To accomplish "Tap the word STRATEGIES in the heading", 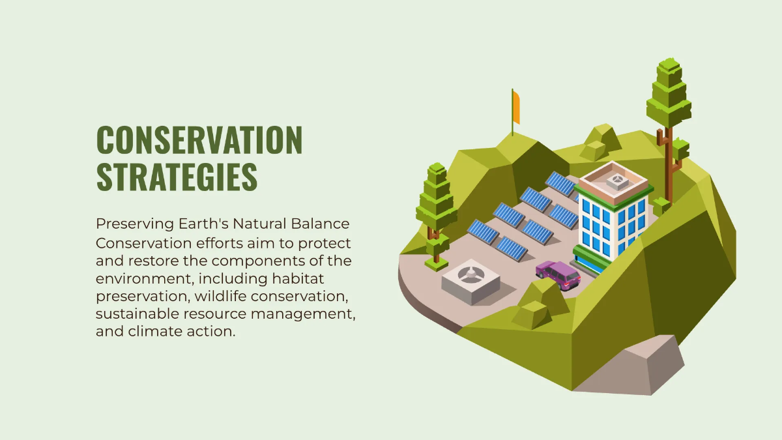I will (177, 177).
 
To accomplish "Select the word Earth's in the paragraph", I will (202, 224).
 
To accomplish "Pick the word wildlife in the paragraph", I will (222, 296).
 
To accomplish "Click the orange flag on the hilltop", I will (516, 108).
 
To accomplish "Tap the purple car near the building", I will (558, 274).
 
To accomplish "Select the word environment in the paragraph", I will (144, 278).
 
